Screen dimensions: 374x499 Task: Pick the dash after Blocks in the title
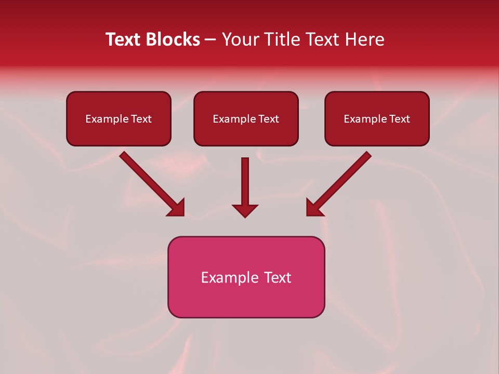[211, 40]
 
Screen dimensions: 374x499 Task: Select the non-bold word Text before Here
[325, 39]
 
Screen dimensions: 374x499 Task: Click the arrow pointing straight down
[245, 187]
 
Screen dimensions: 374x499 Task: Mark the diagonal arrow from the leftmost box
[152, 184]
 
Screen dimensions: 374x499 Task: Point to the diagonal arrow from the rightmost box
[338, 184]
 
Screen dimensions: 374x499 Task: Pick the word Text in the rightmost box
[400, 119]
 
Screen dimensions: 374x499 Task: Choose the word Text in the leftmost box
[141, 119]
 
